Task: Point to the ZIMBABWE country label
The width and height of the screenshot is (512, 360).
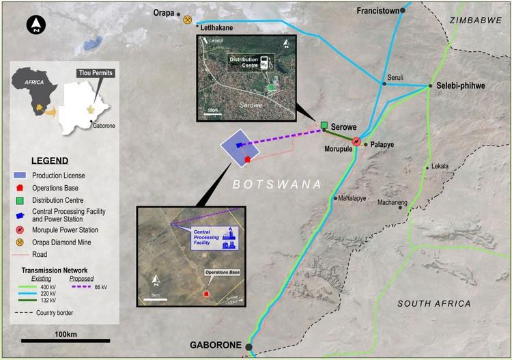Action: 475,21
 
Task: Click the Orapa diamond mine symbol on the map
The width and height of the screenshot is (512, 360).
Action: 188,19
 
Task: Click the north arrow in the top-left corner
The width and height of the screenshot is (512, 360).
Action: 34,26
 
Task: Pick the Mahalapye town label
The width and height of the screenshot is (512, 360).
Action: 358,198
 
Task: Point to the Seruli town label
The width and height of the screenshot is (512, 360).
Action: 397,77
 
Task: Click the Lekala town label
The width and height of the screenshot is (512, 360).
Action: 441,166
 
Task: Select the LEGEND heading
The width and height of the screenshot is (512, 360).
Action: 44,161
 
